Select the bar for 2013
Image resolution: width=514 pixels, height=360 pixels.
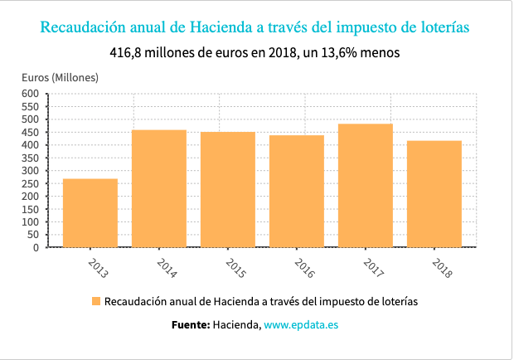90,213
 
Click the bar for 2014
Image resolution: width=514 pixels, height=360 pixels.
159,188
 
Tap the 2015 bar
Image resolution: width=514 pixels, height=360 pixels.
228,189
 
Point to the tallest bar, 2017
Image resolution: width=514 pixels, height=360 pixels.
366,185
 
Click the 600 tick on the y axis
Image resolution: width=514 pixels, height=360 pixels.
31,94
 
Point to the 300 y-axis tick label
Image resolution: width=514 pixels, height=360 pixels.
31,171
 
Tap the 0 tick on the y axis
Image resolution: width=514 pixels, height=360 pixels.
36,247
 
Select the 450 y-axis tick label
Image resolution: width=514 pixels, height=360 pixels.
31,133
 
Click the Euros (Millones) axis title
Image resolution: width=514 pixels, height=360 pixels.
60,78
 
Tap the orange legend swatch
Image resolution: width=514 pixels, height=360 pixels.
96,300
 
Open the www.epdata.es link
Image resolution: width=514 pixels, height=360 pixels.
301,325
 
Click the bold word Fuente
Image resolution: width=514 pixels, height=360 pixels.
190,325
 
